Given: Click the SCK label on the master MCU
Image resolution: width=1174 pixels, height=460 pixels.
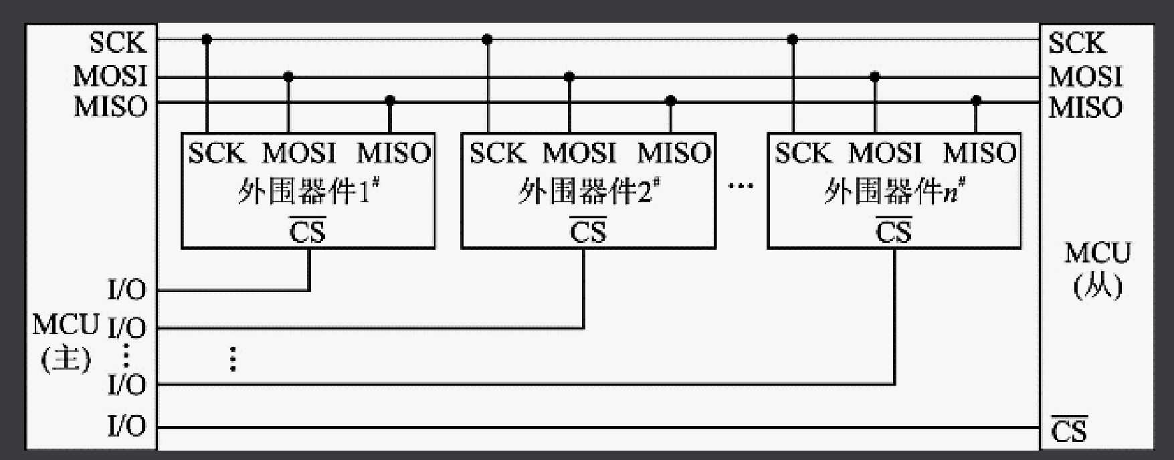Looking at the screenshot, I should point(118,43).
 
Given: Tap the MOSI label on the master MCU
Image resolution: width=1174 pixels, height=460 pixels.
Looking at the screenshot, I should point(110,76).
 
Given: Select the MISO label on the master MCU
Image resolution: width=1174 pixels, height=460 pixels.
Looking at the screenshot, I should point(110,107).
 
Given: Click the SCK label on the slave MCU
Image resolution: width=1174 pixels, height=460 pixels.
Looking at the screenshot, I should point(1077,43).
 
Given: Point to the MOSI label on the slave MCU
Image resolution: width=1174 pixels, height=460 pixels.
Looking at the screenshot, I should point(1085,76).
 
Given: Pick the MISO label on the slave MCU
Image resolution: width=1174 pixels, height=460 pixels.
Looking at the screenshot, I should point(1085,107).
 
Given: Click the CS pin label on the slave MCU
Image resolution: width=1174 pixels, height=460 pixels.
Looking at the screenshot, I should point(1069,431).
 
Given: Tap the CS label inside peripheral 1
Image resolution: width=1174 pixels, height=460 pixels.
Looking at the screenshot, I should point(307,232).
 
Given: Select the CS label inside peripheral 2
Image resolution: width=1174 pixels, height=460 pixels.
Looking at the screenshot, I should point(587,232).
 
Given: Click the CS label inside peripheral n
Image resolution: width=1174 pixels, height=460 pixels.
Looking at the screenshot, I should point(894,232).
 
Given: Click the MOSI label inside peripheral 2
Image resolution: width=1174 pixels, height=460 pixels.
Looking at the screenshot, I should point(579,153).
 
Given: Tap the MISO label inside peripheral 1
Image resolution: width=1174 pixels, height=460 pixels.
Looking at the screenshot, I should point(393,153).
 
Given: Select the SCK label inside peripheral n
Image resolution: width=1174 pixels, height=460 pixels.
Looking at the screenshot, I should point(803,153).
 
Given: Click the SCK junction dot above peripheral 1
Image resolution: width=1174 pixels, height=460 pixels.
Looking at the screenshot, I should point(207,40).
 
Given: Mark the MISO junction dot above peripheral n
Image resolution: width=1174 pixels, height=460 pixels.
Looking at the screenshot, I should point(976,101).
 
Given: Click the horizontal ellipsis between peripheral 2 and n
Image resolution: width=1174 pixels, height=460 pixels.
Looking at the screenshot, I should point(741,185).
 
